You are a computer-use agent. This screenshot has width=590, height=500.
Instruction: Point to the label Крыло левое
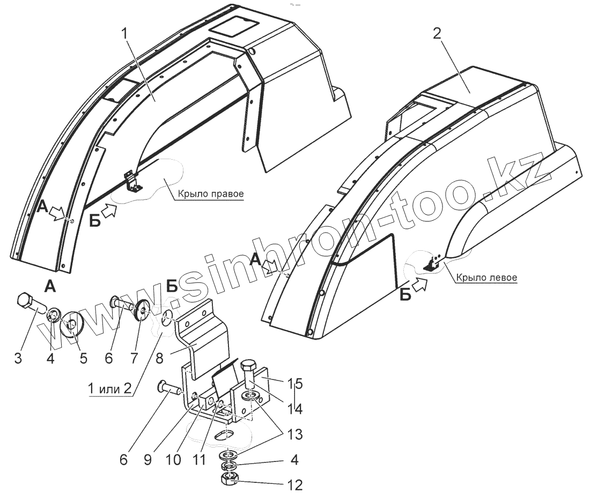click(486, 278)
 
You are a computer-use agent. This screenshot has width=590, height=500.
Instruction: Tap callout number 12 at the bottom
click(296, 486)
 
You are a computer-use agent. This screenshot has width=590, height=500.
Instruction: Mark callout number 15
click(296, 384)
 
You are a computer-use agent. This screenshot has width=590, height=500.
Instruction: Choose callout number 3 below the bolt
click(19, 358)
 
